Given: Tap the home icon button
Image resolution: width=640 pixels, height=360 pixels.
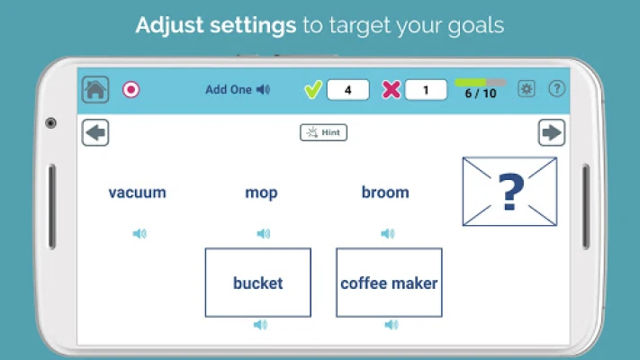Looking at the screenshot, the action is click(95, 89).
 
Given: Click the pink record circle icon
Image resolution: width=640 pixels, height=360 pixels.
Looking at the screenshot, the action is click(131, 89).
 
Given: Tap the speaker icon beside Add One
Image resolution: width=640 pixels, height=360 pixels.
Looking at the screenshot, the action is click(263, 89).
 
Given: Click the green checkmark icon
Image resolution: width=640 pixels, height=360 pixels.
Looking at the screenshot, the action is click(313, 89).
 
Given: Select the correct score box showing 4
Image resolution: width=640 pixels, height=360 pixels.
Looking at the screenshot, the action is click(347, 90).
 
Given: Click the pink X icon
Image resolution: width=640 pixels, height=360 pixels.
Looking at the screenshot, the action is click(391, 90).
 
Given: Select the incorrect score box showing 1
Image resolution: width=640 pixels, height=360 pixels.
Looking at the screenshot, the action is click(426, 90).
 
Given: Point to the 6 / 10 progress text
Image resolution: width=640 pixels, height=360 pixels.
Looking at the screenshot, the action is click(481, 94).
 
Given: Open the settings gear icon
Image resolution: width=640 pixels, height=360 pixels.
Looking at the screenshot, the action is click(527, 88).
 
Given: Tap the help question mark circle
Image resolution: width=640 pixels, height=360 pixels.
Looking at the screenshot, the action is click(556, 88).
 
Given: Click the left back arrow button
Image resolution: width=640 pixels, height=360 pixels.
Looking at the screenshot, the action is click(95, 132).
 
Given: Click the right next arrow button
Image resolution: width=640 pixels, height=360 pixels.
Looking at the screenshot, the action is click(552, 132).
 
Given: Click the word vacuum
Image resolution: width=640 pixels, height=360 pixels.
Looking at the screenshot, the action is click(137, 193).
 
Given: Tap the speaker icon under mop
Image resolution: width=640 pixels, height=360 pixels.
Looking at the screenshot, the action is click(263, 233).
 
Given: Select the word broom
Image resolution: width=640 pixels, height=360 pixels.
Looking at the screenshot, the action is click(385, 193).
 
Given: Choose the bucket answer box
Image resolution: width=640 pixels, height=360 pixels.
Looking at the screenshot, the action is click(258, 283).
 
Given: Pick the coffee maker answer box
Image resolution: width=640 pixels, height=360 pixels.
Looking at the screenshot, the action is click(389, 283).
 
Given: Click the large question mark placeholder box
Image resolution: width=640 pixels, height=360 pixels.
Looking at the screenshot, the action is click(509, 192).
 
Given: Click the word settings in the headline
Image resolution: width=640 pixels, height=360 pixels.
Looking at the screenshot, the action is click(253, 25).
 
